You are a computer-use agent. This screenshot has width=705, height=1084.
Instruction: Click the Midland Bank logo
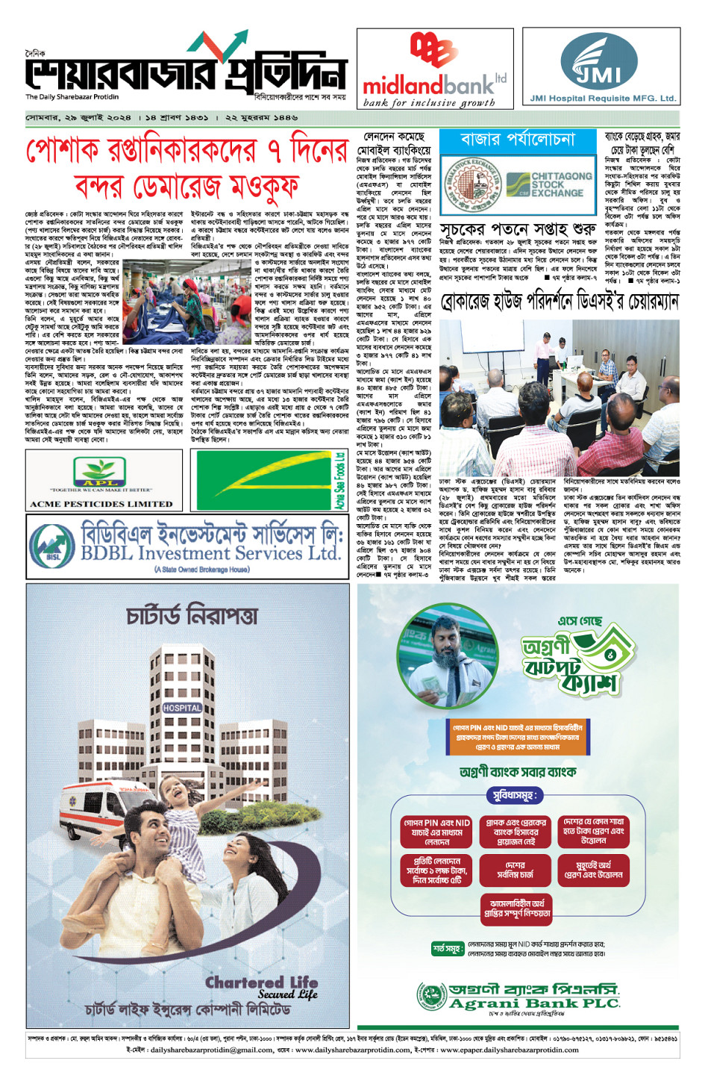[x=435, y=71]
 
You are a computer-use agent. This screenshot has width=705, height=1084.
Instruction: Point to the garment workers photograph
[x=187, y=301]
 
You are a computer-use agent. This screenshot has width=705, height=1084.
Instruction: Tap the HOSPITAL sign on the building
[x=182, y=707]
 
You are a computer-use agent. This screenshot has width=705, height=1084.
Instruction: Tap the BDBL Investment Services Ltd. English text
[x=210, y=553]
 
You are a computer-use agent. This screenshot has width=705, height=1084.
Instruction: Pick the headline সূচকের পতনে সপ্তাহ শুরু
[x=518, y=228]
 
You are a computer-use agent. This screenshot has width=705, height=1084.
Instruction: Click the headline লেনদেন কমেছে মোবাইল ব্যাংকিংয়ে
[x=393, y=144]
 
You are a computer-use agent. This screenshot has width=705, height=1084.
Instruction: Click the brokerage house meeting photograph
[x=559, y=396]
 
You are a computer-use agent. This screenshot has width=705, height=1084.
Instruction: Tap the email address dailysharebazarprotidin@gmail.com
[x=211, y=1049]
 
